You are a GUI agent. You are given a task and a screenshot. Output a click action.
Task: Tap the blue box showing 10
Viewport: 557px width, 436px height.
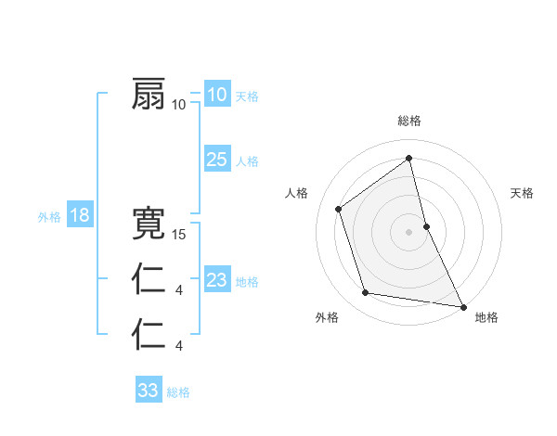216,95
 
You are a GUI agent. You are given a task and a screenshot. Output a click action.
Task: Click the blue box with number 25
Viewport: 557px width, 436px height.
216,160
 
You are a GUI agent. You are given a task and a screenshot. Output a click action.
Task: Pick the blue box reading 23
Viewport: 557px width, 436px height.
216,280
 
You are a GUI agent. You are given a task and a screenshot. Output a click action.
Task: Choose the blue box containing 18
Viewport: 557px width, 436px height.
79,216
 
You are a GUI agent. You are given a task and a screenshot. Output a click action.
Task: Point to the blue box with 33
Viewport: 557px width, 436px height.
148,391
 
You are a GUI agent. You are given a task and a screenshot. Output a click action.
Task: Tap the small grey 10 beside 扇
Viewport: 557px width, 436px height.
179,104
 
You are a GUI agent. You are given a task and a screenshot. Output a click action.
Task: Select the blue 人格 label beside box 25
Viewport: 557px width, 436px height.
247,161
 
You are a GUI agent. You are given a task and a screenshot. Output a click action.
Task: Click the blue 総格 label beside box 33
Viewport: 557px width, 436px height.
178,392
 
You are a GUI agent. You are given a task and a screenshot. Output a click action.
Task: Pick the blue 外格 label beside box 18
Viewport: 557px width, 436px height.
49,217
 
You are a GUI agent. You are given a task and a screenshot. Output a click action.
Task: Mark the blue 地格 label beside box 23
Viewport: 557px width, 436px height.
247,282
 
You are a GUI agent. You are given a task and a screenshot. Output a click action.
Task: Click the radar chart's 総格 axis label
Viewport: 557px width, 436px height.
409,121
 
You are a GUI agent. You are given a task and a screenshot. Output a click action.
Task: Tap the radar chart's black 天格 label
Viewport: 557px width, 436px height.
523,193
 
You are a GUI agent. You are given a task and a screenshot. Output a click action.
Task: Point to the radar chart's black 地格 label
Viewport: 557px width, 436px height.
486,317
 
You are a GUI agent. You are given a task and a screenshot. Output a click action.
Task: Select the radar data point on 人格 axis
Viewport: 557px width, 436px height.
339,209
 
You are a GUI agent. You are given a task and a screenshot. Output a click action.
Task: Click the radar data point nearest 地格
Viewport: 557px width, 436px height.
462,305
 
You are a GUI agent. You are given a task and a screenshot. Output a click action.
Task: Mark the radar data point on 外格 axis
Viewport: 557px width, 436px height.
366,293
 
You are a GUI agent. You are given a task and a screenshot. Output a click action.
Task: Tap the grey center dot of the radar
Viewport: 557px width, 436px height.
409,232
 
